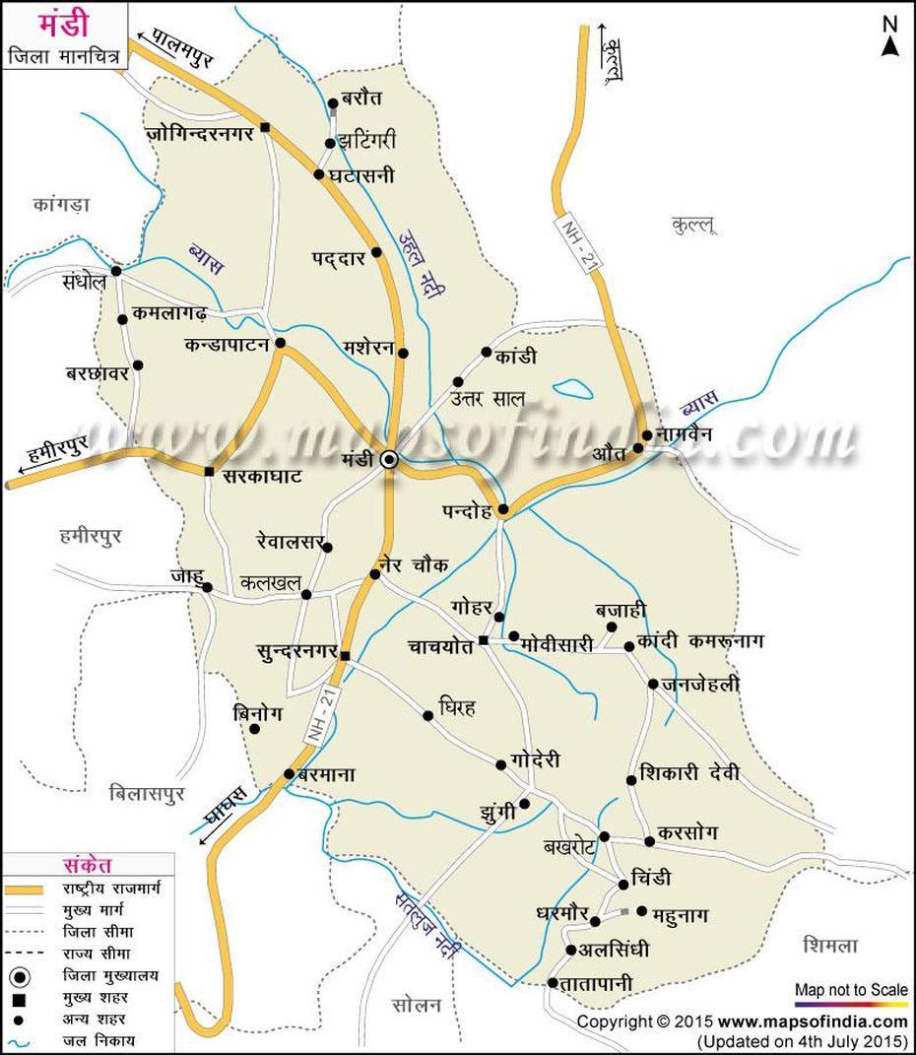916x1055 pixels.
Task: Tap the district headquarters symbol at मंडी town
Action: coord(390,457)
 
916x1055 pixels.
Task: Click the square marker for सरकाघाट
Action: coord(209,471)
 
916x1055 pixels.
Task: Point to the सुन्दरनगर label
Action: coord(294,653)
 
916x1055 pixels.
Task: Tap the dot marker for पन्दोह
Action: coord(502,510)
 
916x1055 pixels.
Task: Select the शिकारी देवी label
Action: coord(688,772)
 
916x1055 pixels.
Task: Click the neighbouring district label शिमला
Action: coord(829,946)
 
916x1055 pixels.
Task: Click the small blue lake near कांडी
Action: coord(572,389)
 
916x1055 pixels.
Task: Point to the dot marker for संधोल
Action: coord(116,271)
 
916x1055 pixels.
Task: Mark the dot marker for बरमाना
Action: coord(289,773)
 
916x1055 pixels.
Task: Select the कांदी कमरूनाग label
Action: coord(700,641)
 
